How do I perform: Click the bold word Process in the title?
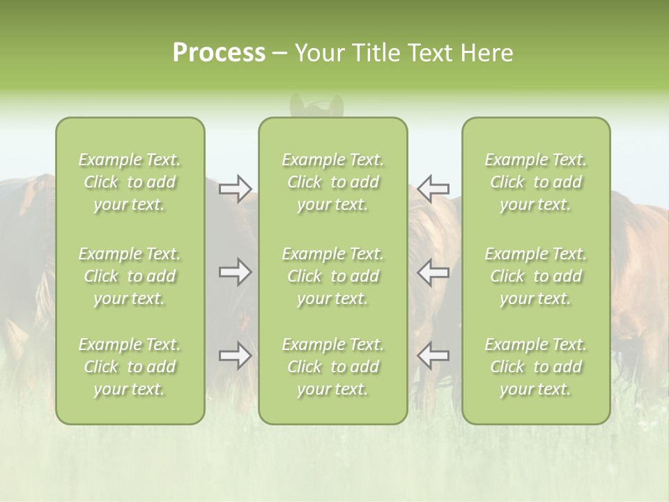point(219,53)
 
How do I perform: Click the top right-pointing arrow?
point(235,188)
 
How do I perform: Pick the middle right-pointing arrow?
point(235,272)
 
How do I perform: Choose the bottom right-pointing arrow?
point(235,356)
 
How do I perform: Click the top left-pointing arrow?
point(433,188)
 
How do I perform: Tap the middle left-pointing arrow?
point(433,272)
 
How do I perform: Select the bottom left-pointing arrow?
point(433,356)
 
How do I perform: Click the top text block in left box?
point(130,182)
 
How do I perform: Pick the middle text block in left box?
point(130,276)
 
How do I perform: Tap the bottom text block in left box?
point(130,367)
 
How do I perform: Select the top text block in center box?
point(332,182)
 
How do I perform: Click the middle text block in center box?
point(332,276)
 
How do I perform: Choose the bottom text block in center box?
point(332,367)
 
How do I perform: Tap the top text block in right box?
point(536,182)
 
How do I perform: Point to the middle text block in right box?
point(536,276)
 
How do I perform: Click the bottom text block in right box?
point(536,367)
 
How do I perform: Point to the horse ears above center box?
point(317,105)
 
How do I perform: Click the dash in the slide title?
point(279,54)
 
